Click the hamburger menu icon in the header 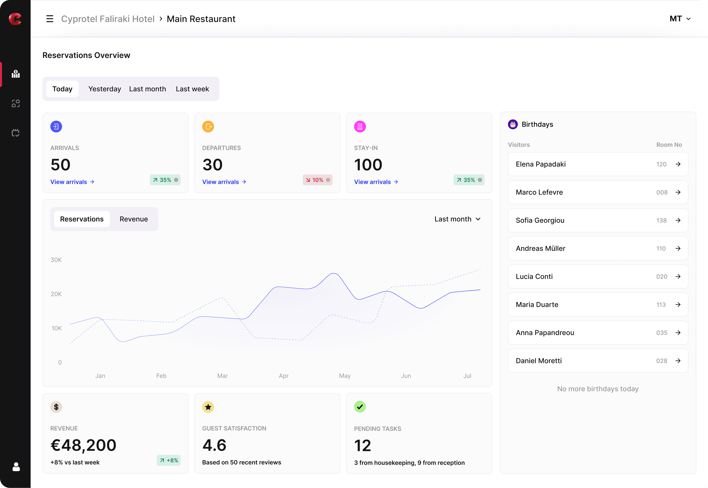tap(50, 19)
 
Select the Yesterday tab tap(105, 89)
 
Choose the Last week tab tap(192, 89)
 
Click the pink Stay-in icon tap(360, 127)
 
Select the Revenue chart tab tap(134, 219)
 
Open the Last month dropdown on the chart tap(457, 219)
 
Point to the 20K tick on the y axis tap(56, 294)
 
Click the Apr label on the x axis tap(284, 376)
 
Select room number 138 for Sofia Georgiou tap(661, 220)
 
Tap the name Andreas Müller tap(541, 249)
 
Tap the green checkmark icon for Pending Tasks tap(360, 407)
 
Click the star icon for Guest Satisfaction tap(208, 407)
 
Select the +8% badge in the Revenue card tap(169, 461)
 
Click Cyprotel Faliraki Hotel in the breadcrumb tap(108, 19)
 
